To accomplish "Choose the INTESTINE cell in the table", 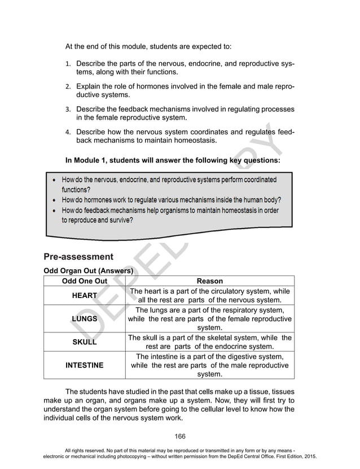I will [85, 365].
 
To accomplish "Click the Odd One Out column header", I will [84, 280].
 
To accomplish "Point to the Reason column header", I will [209, 280].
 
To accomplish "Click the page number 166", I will [180, 436].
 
